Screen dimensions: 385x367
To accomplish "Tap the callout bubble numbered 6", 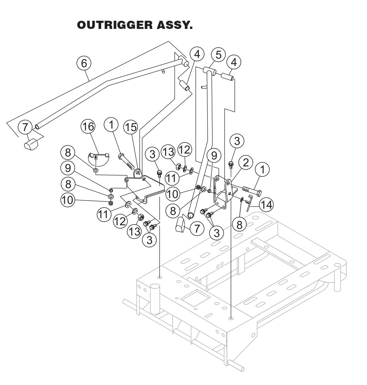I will (x=84, y=63).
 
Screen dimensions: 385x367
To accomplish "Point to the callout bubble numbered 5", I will (x=218, y=54).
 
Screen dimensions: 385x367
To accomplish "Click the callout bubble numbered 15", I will (x=130, y=127).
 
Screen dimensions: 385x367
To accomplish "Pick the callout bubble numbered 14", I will (x=266, y=204).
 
